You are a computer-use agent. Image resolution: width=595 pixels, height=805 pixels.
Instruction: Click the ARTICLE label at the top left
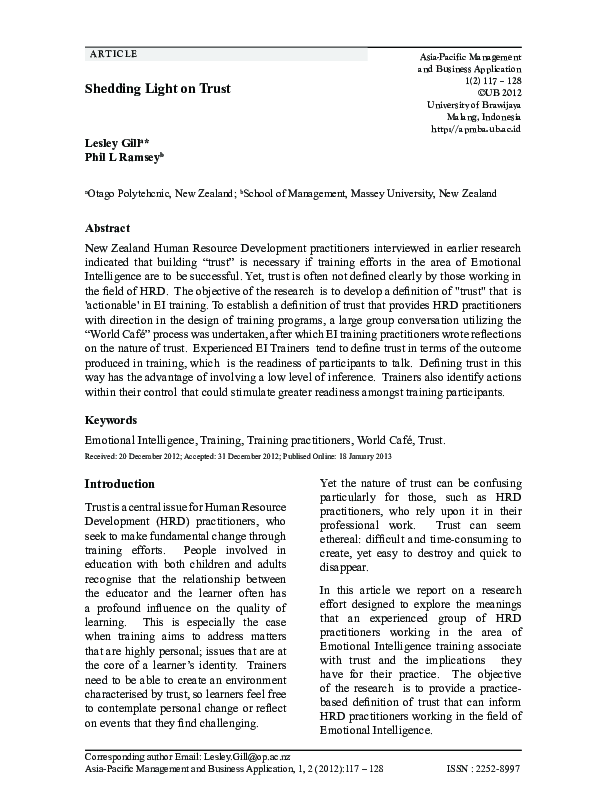(113, 53)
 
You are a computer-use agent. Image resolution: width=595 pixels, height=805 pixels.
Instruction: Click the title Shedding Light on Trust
(157, 89)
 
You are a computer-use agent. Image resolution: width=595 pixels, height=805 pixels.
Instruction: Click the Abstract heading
(107, 228)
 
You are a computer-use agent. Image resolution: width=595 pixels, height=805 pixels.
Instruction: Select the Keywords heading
(111, 420)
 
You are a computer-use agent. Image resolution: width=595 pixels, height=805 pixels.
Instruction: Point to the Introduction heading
(119, 485)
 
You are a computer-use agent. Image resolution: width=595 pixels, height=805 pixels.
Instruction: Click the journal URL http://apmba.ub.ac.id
(475, 129)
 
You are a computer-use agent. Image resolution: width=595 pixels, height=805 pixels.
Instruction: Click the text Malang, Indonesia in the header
(482, 117)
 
